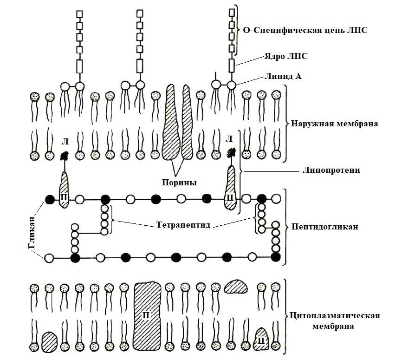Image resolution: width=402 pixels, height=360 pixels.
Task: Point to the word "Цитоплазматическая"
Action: click(x=334, y=316)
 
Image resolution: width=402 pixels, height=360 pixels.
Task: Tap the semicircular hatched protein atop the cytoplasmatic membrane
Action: click(x=237, y=286)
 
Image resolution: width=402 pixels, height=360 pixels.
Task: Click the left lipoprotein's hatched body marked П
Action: click(x=65, y=190)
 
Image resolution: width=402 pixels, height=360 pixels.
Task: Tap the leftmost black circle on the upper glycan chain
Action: click(x=49, y=200)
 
